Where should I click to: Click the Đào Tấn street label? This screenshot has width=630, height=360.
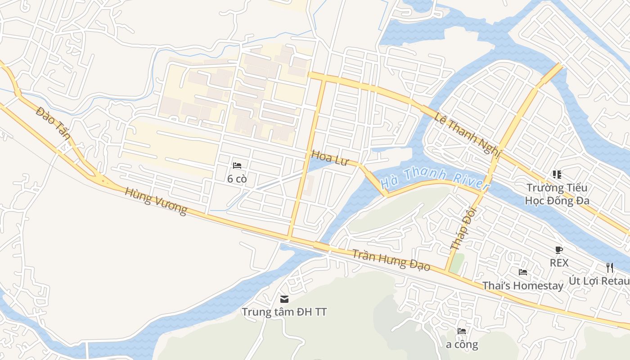(x=53, y=123)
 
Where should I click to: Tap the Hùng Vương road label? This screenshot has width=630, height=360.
(x=156, y=202)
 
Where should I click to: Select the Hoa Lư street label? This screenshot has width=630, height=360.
(x=330, y=158)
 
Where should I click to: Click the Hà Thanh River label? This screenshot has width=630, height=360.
(x=434, y=179)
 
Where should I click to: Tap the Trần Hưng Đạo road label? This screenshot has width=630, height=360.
(x=391, y=260)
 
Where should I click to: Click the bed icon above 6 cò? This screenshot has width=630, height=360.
(x=237, y=166)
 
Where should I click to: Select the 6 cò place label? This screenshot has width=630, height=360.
(x=237, y=179)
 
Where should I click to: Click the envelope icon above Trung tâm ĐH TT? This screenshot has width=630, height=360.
(x=284, y=299)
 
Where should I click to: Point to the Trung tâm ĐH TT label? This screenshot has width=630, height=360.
(x=284, y=312)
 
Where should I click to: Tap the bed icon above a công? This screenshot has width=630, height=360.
(x=462, y=331)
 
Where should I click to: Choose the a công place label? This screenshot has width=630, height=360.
(x=462, y=345)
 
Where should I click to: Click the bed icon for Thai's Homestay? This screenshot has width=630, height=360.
(x=523, y=272)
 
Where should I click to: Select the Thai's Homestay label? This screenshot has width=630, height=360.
(x=523, y=285)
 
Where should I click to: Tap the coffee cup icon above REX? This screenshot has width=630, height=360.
(x=559, y=250)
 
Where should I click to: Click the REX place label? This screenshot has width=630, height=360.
(x=559, y=262)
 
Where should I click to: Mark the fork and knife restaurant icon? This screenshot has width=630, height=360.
(x=610, y=268)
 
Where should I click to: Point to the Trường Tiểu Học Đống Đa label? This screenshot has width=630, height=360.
(x=557, y=194)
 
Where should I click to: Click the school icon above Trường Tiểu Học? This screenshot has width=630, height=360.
(x=557, y=174)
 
